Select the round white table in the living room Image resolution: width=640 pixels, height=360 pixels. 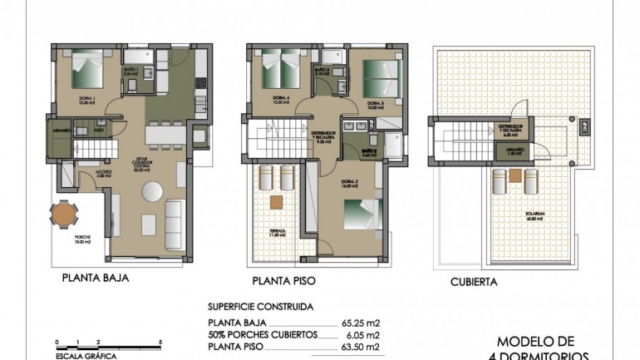(x=153, y=191)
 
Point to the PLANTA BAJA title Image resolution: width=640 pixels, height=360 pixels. (x=95, y=280)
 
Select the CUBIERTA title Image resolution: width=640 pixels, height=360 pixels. (x=474, y=281)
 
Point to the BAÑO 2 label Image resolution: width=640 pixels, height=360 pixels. (x=369, y=151)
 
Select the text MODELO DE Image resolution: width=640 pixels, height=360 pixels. (x=535, y=341)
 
